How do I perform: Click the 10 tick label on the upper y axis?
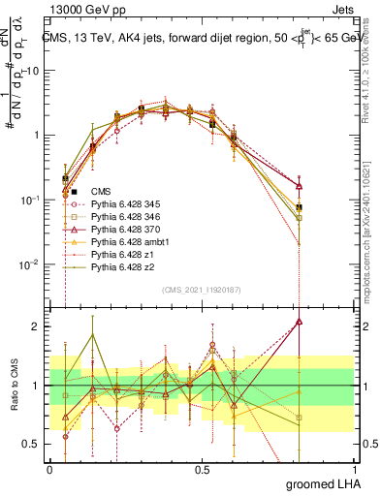click(34, 71)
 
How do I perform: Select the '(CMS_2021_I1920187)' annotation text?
click(202, 289)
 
